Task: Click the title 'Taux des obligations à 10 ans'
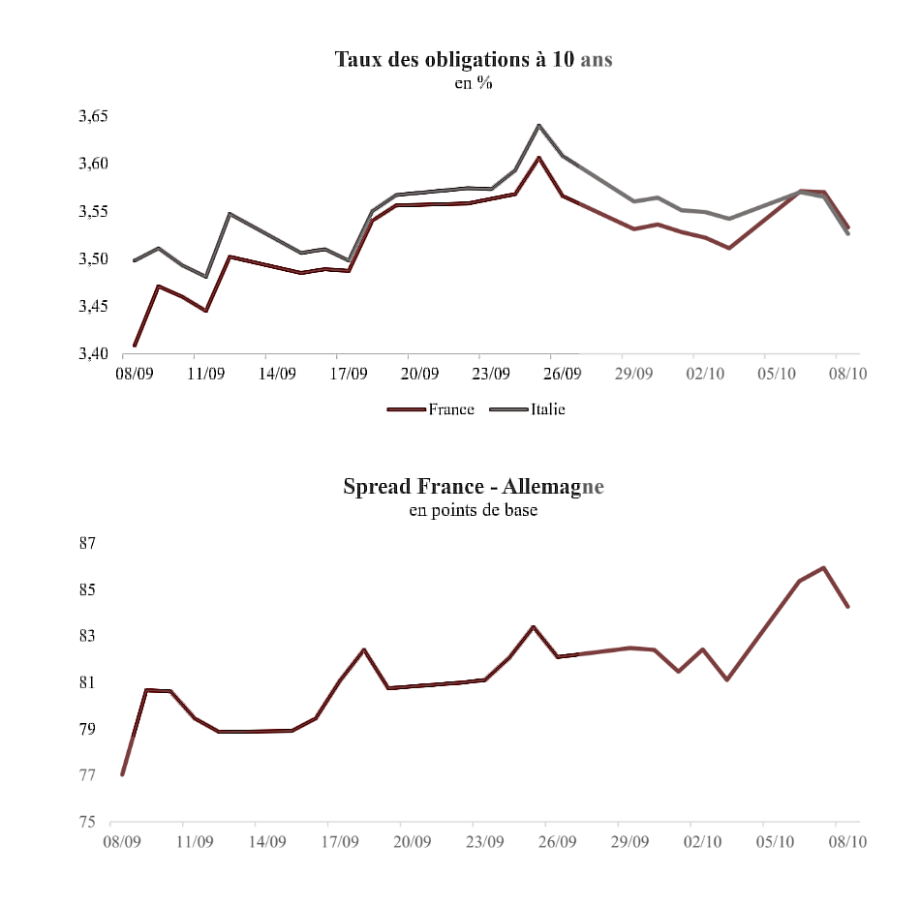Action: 474,59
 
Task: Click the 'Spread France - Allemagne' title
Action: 474,486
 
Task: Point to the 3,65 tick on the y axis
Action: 93,116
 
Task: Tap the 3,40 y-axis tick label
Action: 93,354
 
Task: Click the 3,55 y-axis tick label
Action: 93,211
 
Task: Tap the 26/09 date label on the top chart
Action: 562,373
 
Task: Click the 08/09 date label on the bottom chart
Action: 123,842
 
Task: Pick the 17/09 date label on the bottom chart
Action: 340,842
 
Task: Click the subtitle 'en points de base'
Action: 474,510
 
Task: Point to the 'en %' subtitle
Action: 474,83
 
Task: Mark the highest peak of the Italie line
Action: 539,125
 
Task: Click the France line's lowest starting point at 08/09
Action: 135,346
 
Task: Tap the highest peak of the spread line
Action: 823,568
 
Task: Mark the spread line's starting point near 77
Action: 123,774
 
